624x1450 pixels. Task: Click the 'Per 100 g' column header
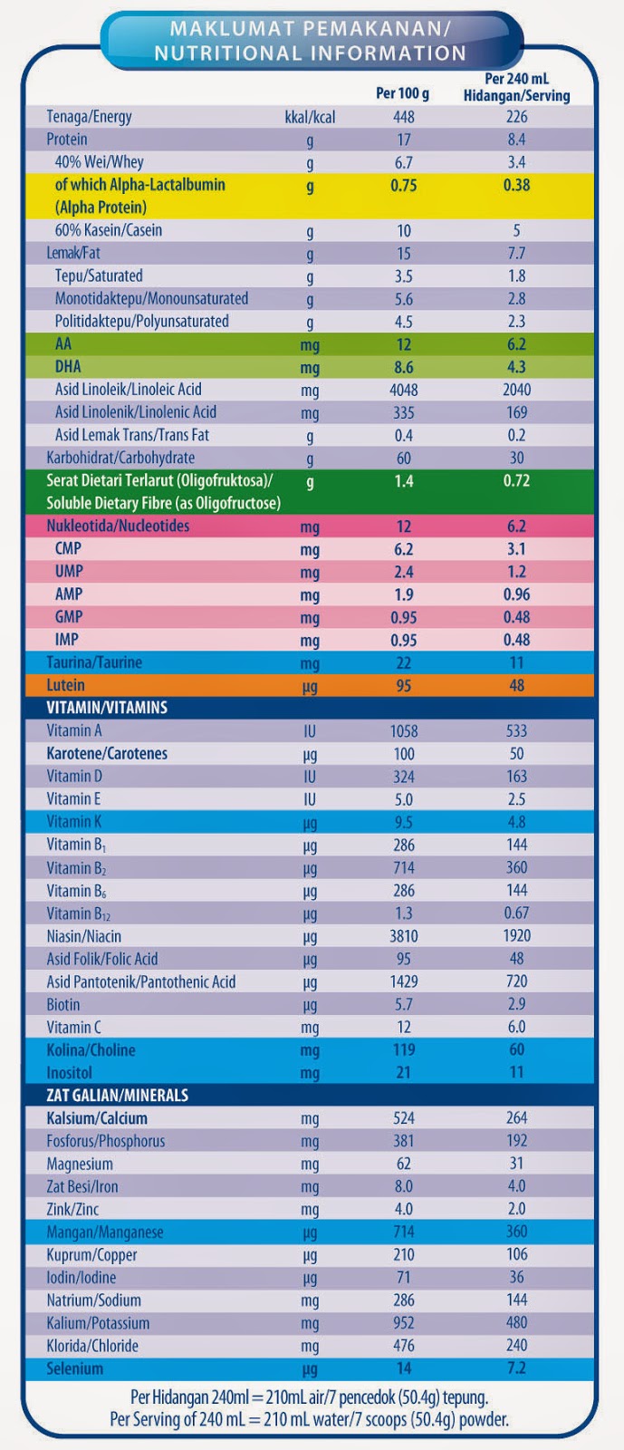(402, 93)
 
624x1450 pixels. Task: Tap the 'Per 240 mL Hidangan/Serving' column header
(516, 87)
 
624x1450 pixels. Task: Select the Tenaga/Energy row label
(89, 117)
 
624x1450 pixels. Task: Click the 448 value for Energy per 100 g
(404, 117)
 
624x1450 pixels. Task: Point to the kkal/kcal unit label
(310, 117)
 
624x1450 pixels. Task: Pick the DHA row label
(68, 367)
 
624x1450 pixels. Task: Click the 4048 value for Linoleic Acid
(404, 390)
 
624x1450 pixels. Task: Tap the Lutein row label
(66, 685)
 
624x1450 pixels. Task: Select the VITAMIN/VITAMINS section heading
(107, 708)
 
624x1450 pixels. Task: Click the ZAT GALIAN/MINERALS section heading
(118, 1095)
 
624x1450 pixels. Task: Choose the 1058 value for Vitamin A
(404, 730)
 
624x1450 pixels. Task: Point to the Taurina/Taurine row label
(94, 662)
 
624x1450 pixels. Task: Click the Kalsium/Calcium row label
(97, 1118)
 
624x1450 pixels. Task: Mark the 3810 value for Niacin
(404, 936)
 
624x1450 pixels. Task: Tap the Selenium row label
(75, 1368)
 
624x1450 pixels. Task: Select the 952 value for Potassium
(404, 1323)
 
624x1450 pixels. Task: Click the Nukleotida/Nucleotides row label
(118, 526)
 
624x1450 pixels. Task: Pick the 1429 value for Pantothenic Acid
(404, 981)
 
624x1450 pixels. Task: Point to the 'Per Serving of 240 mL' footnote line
(309, 1420)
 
